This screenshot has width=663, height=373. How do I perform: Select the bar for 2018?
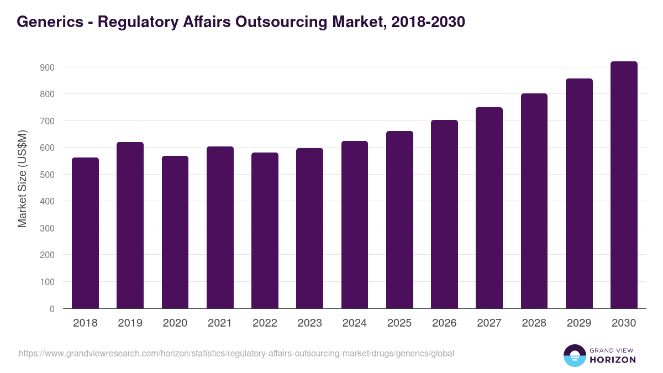85,233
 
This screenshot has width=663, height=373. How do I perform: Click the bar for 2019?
130,225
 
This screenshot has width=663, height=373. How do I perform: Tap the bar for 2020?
175,232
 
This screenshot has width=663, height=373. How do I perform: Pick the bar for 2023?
309,228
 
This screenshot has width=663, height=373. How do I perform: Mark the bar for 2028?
534,201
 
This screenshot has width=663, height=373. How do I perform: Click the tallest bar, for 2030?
624,185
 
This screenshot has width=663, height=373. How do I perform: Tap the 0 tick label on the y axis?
52,309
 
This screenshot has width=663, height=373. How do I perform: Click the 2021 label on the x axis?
220,323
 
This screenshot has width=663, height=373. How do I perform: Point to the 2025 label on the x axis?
399,323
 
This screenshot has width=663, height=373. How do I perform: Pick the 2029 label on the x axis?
579,323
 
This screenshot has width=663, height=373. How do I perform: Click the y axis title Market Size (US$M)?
22,179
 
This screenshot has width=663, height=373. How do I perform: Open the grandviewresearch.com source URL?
236,353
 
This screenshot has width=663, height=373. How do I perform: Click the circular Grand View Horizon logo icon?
575,355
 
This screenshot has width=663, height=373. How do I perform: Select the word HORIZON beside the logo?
612,360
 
